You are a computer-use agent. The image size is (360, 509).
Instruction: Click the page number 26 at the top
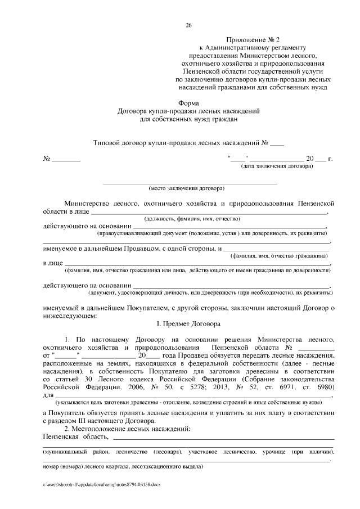pyautogui.click(x=189, y=25)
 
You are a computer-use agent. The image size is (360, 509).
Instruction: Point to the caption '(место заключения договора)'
pyautogui.click(x=186, y=188)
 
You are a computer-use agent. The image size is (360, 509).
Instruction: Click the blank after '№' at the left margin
pyautogui.click(x=67, y=159)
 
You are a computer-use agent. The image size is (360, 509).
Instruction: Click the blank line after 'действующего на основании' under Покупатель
pyautogui.click(x=231, y=286)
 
